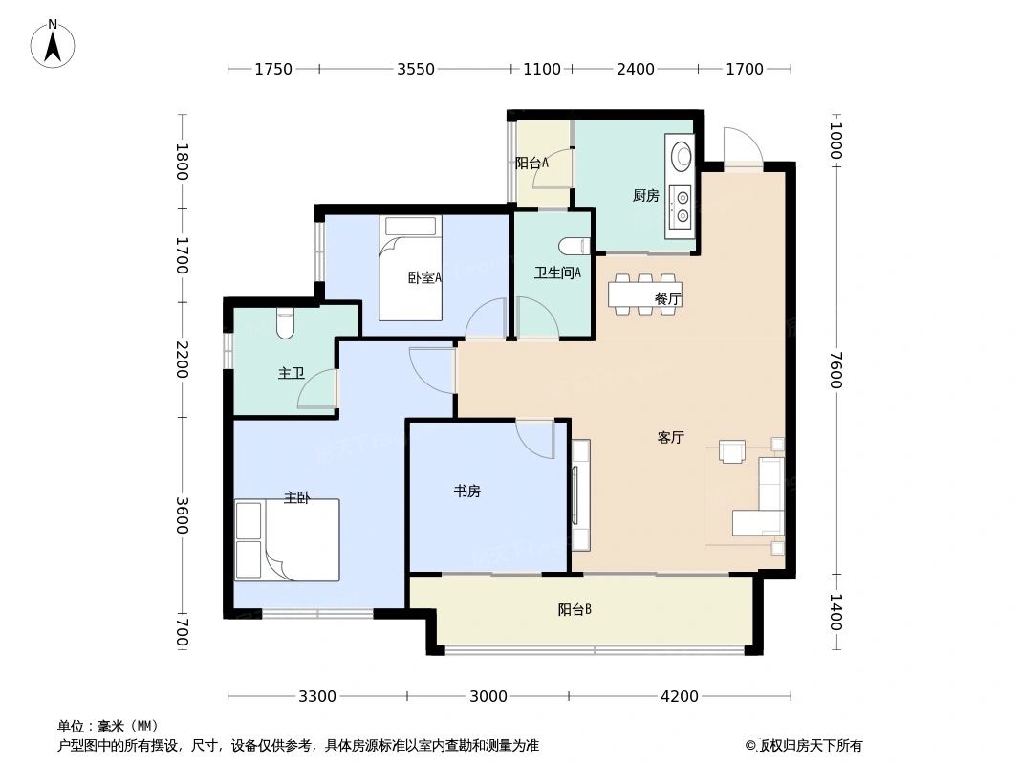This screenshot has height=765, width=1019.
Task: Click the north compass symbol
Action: [x=53, y=44]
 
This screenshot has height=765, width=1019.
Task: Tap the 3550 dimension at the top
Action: [x=416, y=69]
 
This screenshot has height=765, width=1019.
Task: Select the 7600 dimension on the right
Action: [x=835, y=370]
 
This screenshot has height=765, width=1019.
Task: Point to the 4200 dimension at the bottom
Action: [x=680, y=696]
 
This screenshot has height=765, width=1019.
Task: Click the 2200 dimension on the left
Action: [x=182, y=359]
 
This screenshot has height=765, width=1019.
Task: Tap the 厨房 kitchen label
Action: [x=645, y=196]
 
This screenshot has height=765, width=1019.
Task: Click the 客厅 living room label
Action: [x=671, y=438]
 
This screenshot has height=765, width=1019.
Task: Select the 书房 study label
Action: [x=466, y=492]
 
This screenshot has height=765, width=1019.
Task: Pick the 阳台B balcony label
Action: [x=575, y=609]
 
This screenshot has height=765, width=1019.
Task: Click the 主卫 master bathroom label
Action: [x=291, y=373]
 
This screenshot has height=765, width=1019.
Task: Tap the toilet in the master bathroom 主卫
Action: [x=284, y=323]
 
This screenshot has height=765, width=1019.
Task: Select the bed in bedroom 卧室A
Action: [x=410, y=268]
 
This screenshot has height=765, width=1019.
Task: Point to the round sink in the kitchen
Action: [x=681, y=155]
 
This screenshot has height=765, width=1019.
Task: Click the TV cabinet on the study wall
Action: [x=580, y=494]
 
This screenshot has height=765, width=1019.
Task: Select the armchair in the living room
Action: [x=732, y=450]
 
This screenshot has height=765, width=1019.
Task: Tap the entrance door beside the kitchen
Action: [x=743, y=148]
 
